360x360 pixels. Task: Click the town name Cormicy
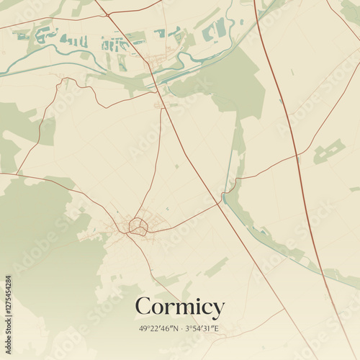point(179,307)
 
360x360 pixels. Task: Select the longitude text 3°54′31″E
point(201,329)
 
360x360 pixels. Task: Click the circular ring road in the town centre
point(138,228)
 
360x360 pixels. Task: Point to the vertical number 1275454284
point(8,316)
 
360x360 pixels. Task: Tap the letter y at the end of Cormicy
point(217,310)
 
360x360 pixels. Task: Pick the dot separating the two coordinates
point(180,329)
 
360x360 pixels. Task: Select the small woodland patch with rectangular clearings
point(328,151)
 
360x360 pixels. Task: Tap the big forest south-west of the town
point(36,238)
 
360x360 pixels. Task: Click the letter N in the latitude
point(174,329)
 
